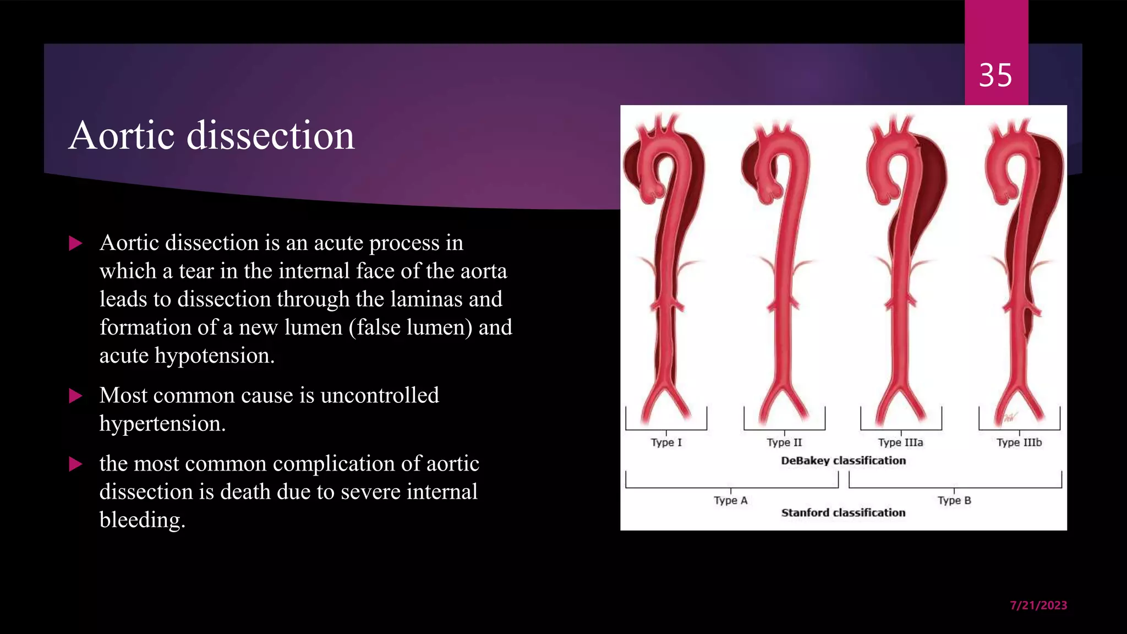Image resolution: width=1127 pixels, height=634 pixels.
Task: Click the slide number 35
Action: (995, 75)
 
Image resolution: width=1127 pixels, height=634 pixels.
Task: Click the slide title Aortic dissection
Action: (212, 135)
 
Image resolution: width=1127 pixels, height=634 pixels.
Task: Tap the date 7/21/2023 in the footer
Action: (1038, 605)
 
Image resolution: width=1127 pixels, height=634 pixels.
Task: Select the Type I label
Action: (666, 442)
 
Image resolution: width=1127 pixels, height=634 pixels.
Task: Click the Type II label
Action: (784, 442)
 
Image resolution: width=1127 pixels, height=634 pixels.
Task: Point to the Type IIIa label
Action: (900, 442)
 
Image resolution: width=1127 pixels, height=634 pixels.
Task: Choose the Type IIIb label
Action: (1019, 442)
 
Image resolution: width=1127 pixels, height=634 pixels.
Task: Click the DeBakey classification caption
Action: (843, 461)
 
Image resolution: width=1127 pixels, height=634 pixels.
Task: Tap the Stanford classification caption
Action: (843, 513)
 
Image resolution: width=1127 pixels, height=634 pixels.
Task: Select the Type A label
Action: (730, 500)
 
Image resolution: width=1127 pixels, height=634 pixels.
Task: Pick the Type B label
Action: (954, 500)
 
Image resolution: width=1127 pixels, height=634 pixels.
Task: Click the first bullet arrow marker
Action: (75, 243)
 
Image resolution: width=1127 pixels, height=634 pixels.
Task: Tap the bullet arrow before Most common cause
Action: (75, 396)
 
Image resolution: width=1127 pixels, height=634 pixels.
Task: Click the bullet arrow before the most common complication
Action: (75, 464)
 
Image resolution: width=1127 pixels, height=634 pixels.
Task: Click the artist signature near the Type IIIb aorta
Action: (1009, 418)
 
